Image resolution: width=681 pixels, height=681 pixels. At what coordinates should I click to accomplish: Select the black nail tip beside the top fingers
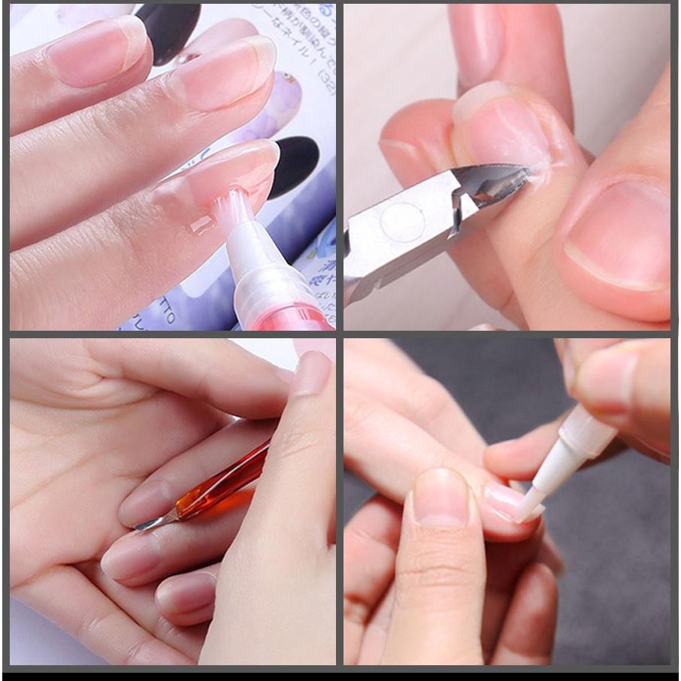(169, 30)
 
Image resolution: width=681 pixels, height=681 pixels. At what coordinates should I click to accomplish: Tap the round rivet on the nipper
(403, 222)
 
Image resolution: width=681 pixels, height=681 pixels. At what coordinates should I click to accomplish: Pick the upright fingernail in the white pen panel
(440, 496)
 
